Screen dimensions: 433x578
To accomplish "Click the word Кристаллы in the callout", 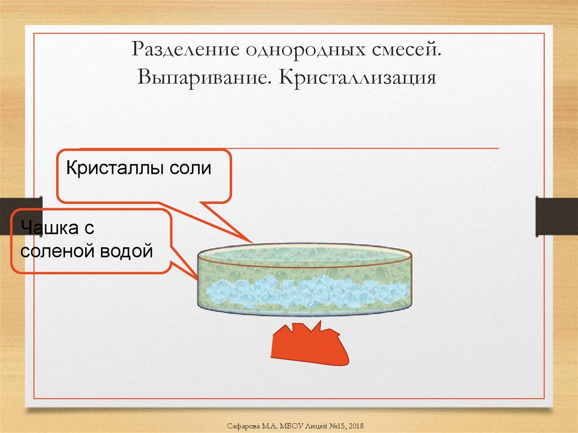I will (113, 168).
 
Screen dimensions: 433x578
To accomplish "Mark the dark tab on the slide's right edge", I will (556, 216).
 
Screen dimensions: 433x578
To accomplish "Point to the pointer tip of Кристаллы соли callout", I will (252, 243).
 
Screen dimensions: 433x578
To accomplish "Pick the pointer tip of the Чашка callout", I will (198, 279).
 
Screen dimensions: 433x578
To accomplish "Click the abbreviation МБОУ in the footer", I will (290, 424).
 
